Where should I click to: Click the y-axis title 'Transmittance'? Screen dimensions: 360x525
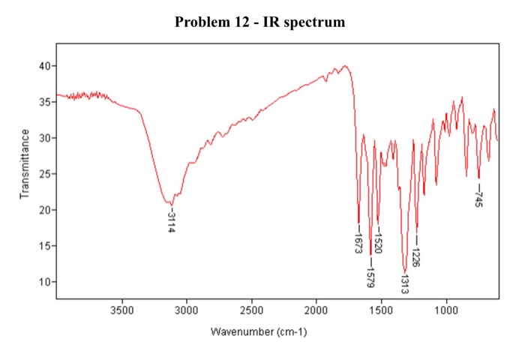click(25, 163)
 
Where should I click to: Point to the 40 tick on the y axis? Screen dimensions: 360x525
click(44, 66)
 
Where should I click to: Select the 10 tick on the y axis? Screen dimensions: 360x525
click(44, 282)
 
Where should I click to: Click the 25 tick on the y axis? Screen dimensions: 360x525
click(44, 174)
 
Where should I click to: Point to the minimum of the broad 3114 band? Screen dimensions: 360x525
click(171, 204)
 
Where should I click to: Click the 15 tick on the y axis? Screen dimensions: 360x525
click(44, 246)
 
